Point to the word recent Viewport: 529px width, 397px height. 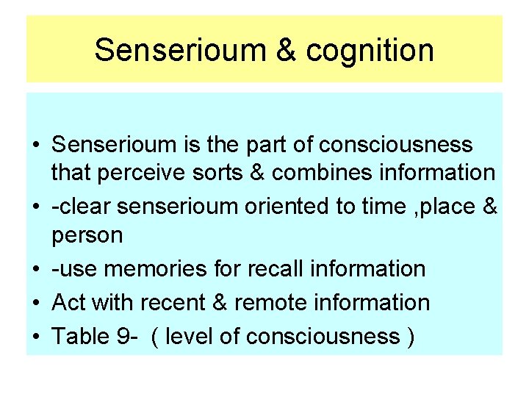[x=187, y=302]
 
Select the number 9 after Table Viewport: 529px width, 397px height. [x=123, y=336]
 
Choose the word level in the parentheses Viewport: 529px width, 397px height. [x=188, y=336]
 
